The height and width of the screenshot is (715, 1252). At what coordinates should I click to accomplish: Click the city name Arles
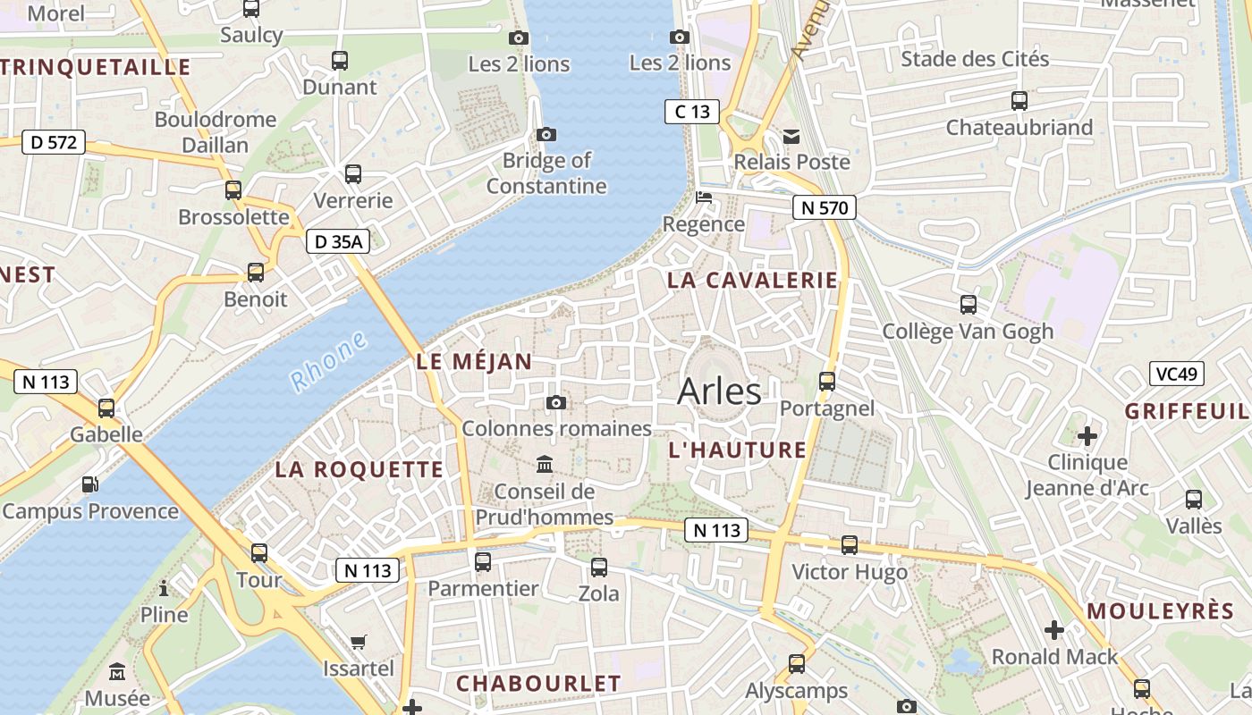pyautogui.click(x=719, y=391)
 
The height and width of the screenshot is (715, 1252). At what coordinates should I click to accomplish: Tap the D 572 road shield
pyautogui.click(x=53, y=141)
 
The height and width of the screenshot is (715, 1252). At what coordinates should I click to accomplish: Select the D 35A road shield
pyautogui.click(x=337, y=240)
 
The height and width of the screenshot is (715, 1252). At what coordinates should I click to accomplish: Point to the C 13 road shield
pyautogui.click(x=692, y=112)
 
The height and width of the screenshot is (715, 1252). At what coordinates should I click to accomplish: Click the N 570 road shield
pyautogui.click(x=825, y=208)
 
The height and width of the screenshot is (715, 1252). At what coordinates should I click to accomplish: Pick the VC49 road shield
pyautogui.click(x=1176, y=374)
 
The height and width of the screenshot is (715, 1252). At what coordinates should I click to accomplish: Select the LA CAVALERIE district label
pyautogui.click(x=753, y=280)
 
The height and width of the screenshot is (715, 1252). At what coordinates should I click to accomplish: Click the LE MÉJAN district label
pyautogui.click(x=474, y=362)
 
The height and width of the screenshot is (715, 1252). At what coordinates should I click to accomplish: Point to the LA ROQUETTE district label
pyautogui.click(x=359, y=469)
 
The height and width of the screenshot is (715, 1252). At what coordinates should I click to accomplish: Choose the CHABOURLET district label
pyautogui.click(x=538, y=684)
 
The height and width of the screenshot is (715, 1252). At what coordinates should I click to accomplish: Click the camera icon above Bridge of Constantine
pyautogui.click(x=546, y=135)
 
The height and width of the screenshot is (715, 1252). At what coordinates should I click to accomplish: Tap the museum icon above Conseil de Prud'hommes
pyautogui.click(x=544, y=465)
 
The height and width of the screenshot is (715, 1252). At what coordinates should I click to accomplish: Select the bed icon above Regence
pyautogui.click(x=704, y=198)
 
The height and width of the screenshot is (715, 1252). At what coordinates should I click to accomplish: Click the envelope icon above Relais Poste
pyautogui.click(x=791, y=137)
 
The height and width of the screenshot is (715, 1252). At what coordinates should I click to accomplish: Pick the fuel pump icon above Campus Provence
pyautogui.click(x=89, y=484)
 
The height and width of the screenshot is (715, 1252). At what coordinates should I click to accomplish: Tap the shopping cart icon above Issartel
pyautogui.click(x=358, y=641)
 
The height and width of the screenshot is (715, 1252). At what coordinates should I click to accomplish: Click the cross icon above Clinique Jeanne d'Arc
pyautogui.click(x=1087, y=436)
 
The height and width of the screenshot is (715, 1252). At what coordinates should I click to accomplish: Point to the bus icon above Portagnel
pyautogui.click(x=827, y=381)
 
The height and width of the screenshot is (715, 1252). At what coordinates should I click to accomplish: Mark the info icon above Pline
pyautogui.click(x=164, y=588)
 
